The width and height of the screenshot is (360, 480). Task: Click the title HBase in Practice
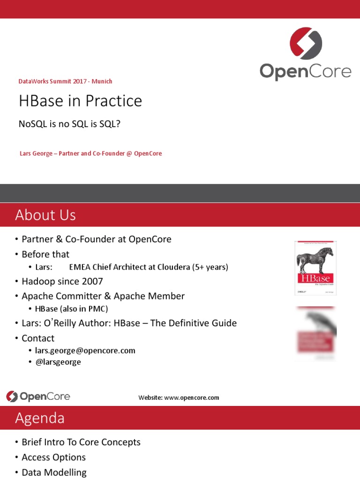pos(80,101)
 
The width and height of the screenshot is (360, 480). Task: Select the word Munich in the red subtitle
pos(102,81)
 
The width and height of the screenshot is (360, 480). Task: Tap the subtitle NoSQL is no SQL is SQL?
pos(73,124)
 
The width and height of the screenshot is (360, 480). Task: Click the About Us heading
pos(45,215)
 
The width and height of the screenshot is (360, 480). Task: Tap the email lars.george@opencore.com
pos(85,350)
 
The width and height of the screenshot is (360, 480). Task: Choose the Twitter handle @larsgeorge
pos(58,362)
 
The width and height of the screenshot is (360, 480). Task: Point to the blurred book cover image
pos(315,334)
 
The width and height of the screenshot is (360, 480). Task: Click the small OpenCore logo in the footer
pos(38,397)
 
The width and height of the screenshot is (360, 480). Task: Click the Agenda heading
pos(40,418)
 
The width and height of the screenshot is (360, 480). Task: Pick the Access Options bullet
pos(53,457)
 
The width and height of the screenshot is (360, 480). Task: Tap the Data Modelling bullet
pos(54,472)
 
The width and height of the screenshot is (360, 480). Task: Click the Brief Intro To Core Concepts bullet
pos(81,442)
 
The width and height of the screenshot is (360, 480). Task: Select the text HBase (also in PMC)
pos(72,308)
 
